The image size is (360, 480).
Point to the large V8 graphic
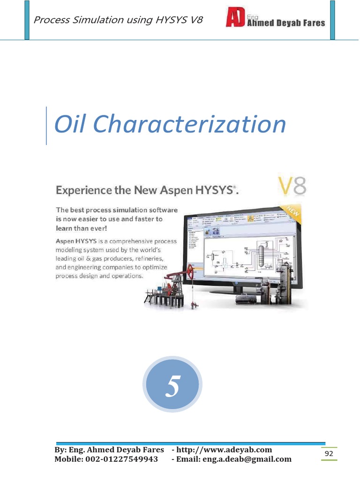292,186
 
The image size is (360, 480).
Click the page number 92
329,453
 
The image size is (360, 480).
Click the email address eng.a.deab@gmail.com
247,459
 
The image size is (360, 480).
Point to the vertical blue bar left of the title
46,126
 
